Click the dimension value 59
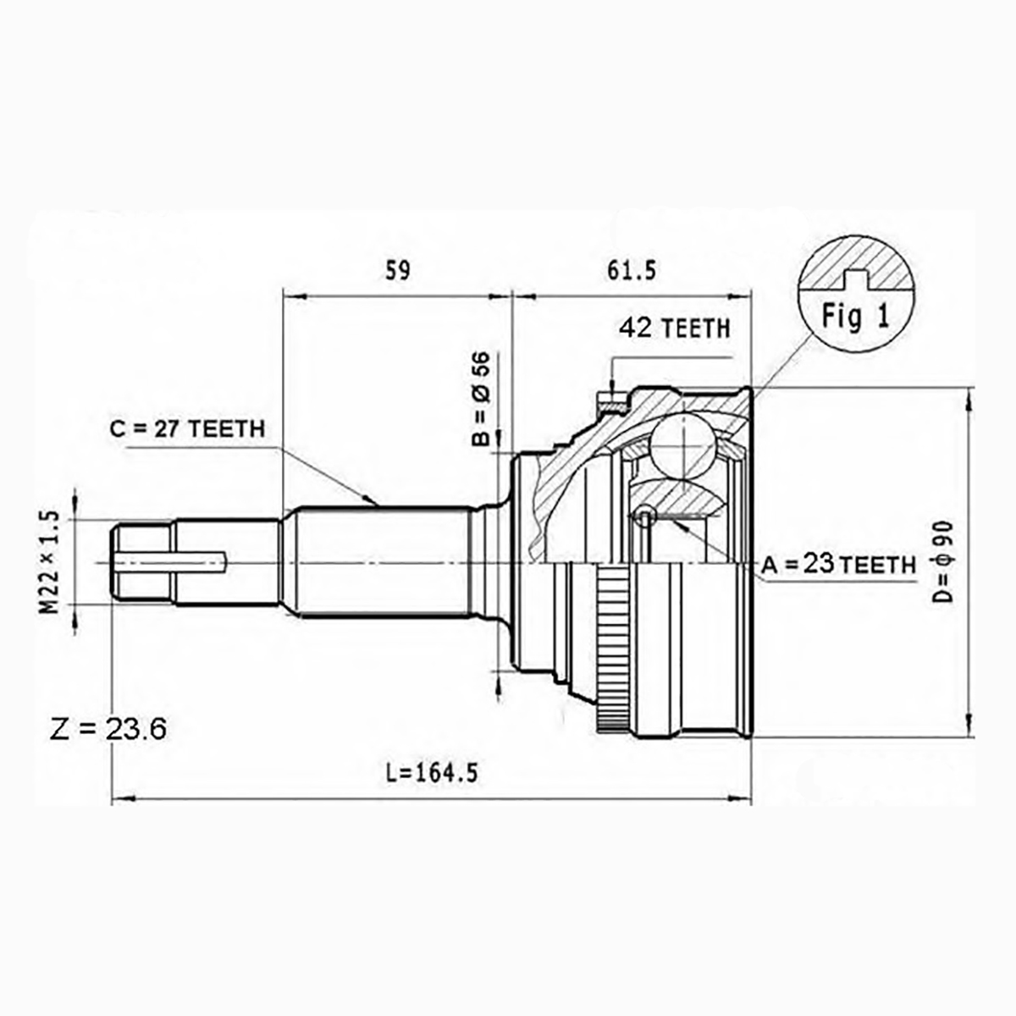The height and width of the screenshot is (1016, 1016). (x=398, y=270)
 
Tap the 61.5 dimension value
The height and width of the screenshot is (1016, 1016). (x=632, y=270)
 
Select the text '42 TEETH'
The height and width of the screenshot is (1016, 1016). (x=675, y=328)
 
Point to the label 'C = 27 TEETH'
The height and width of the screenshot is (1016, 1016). (x=187, y=429)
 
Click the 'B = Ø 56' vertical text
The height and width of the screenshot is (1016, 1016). (x=481, y=399)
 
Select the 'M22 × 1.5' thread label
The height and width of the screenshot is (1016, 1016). (x=49, y=562)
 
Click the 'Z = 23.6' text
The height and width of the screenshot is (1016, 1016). (x=108, y=730)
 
